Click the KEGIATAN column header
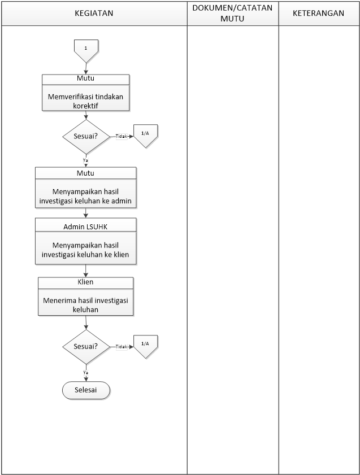pos(94,13)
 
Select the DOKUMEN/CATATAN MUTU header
pos(232,13)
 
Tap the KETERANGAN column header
pos(319,13)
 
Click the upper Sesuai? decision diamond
pos(86,137)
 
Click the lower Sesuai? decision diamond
pos(86,347)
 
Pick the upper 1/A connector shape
pos(145,136)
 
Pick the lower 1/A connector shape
pos(145,346)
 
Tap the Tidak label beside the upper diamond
pos(121,136)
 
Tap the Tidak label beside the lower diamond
pos(121,347)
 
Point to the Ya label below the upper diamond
pos(86,160)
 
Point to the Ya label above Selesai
pos(86,372)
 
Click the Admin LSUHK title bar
pos(86,226)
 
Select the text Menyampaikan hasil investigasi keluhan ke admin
pos(85,196)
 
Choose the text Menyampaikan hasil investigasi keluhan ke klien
pos(85,250)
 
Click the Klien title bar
pos(86,282)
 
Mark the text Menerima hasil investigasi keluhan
pos(85,305)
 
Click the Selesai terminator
pos(86,390)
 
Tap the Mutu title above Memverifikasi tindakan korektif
pos(86,79)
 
